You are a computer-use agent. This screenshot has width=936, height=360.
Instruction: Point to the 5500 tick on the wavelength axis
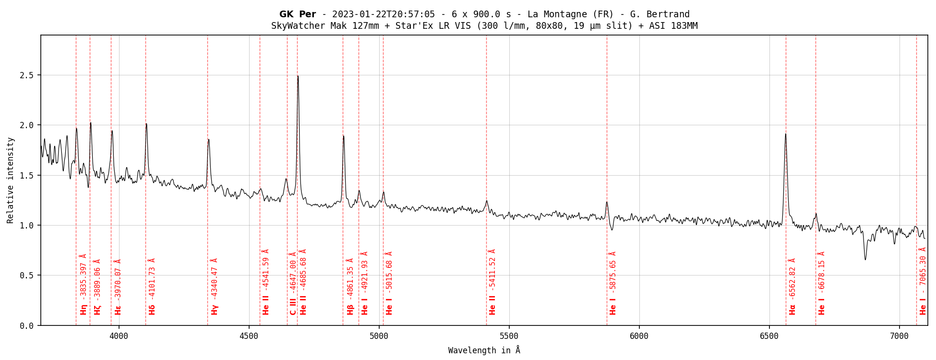click(509, 336)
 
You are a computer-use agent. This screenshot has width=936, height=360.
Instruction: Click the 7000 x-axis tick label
click(900, 336)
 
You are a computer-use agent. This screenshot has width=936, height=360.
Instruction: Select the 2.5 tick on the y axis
click(26, 75)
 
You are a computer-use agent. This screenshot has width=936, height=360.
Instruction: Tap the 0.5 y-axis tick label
click(26, 276)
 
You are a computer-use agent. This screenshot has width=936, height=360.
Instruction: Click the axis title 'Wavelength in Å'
click(484, 350)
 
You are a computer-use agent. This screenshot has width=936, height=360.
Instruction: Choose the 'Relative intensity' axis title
click(11, 180)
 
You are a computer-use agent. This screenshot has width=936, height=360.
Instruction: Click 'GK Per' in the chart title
click(298, 14)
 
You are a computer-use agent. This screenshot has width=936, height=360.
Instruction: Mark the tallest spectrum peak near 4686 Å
click(298, 76)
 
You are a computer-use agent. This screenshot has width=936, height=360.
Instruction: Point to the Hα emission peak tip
click(785, 134)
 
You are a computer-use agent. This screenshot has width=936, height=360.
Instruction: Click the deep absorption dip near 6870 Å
click(865, 260)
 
